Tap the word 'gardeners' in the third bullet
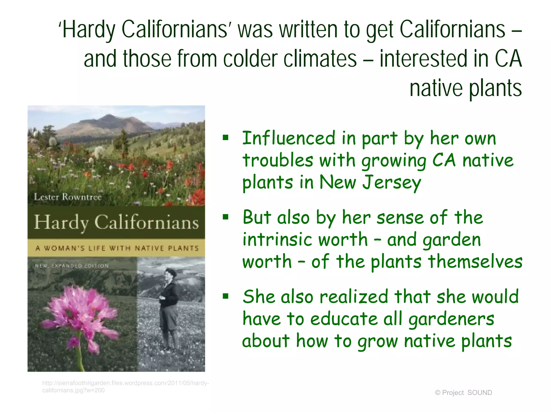click(451, 319)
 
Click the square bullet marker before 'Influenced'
click(225, 138)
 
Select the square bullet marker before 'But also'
click(225, 217)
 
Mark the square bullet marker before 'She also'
click(225, 296)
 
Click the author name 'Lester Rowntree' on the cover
click(68, 197)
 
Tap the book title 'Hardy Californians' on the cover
click(116, 222)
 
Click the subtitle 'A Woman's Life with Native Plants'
click(117, 248)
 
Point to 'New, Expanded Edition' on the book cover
click(72, 266)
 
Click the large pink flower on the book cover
click(81, 315)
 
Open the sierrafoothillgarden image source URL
click(125, 386)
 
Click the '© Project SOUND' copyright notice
click(463, 393)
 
